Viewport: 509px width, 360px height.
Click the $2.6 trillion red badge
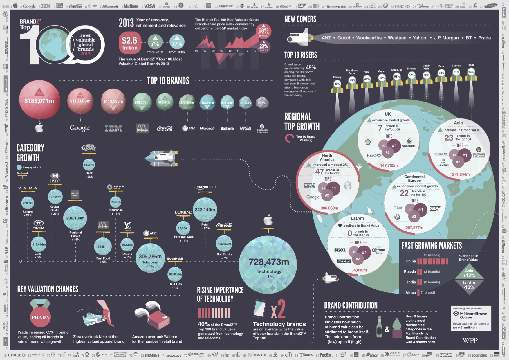click(x=129, y=43)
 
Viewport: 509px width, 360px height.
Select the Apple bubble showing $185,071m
click(x=39, y=100)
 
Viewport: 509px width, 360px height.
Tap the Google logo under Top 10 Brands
click(x=80, y=128)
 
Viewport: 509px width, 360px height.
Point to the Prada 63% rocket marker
click(x=471, y=72)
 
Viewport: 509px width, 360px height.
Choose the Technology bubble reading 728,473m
click(x=268, y=264)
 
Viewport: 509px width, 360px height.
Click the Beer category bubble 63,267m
click(x=89, y=165)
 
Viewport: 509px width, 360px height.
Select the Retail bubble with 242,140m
click(x=205, y=210)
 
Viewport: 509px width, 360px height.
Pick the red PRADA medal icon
click(x=40, y=317)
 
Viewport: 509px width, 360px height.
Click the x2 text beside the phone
click(x=278, y=310)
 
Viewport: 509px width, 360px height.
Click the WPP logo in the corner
click(x=470, y=340)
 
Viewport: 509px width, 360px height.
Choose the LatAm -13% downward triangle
click(x=469, y=286)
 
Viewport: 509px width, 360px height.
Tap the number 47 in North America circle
click(x=319, y=172)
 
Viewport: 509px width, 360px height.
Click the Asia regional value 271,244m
click(x=461, y=174)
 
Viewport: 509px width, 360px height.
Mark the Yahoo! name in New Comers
click(x=420, y=38)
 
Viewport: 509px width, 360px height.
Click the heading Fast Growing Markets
click(x=432, y=246)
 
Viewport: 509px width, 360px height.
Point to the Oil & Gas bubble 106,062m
click(x=175, y=274)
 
